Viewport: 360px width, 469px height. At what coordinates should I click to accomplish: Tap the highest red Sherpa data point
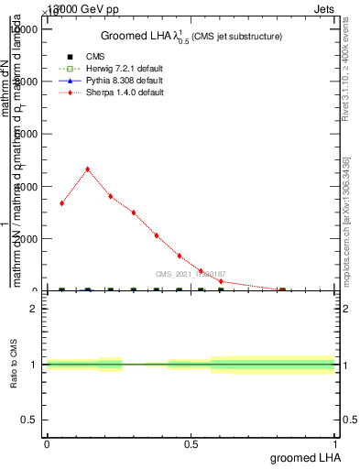click(x=87, y=169)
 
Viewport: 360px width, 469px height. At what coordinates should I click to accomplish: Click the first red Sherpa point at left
click(x=61, y=203)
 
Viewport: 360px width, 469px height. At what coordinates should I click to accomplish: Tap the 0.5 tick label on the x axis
click(x=191, y=443)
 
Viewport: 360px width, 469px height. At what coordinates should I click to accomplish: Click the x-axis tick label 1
click(x=336, y=443)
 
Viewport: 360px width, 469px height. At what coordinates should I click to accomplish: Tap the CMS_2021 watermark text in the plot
click(x=191, y=274)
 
